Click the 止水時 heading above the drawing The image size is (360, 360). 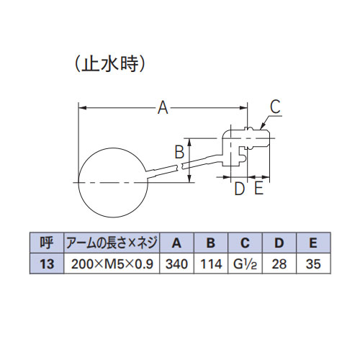click(x=110, y=64)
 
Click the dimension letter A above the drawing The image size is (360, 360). click(x=163, y=108)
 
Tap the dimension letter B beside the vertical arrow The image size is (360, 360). click(x=179, y=152)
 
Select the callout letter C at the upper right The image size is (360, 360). click(x=275, y=107)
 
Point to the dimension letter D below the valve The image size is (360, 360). click(x=239, y=189)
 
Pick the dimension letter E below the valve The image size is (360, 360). click(x=258, y=188)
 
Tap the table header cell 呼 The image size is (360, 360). click(x=47, y=243)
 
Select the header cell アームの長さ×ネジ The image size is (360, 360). click(x=112, y=243)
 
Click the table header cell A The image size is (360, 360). click(x=176, y=243)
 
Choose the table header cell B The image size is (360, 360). click(x=211, y=243)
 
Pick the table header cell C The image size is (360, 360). click(x=246, y=243)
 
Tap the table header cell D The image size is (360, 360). click(x=279, y=243)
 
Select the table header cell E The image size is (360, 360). click(x=313, y=243)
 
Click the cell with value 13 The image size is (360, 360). click(x=47, y=264)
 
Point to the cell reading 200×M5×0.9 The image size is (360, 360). click(x=112, y=264)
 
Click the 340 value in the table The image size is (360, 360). click(x=176, y=264)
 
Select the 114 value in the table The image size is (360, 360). click(x=211, y=264)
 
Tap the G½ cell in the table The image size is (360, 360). click(x=246, y=264)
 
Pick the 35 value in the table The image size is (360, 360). click(x=313, y=264)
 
